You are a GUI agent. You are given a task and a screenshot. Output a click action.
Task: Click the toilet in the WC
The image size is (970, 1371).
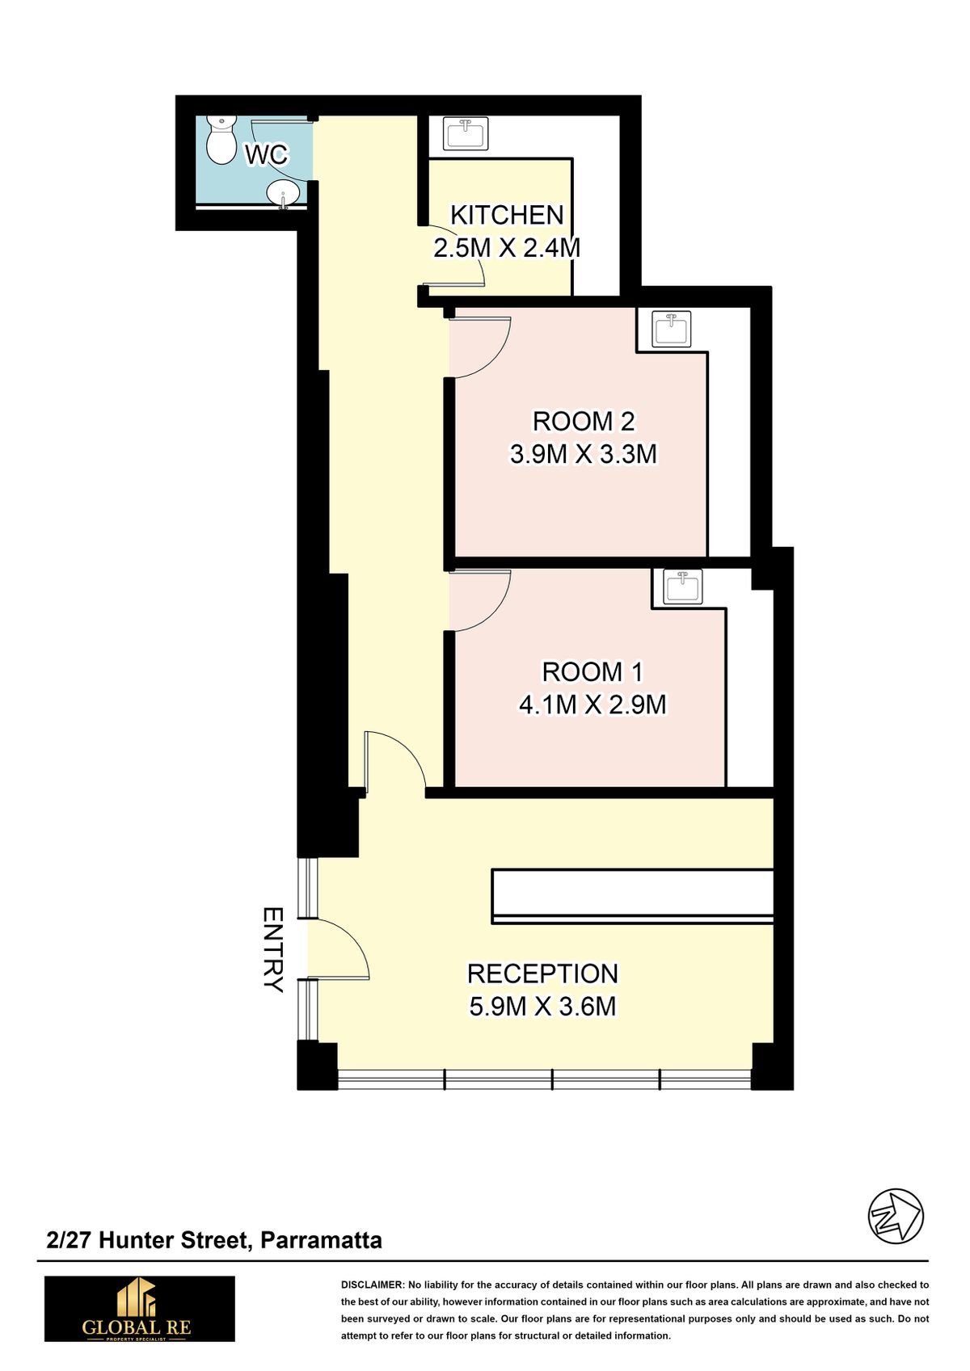(221, 140)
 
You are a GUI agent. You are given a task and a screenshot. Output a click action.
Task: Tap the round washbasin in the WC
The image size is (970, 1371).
(283, 195)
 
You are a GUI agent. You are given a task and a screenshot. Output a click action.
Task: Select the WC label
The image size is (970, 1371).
(267, 155)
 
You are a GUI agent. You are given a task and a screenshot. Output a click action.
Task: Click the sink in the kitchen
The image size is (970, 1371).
(466, 133)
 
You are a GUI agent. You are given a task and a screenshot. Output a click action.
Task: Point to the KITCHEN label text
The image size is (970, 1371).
(507, 215)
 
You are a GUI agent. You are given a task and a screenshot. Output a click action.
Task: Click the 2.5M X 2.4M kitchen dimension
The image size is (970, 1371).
(507, 248)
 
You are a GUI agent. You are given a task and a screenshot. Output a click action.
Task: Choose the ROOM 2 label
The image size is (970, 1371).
(584, 421)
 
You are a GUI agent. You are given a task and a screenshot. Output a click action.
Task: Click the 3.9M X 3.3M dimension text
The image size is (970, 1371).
(584, 454)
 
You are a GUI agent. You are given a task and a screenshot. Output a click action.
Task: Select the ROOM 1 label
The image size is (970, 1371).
(593, 672)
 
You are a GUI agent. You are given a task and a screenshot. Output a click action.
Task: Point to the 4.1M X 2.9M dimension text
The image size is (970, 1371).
(593, 704)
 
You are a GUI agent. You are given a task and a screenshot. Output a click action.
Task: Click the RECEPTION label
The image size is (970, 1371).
(542, 974)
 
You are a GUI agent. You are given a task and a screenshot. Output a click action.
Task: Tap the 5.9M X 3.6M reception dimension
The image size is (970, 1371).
(542, 1006)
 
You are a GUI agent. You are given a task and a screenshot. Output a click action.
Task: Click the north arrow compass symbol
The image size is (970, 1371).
(896, 1216)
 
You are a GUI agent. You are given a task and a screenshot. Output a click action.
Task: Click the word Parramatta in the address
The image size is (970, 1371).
(322, 1241)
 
